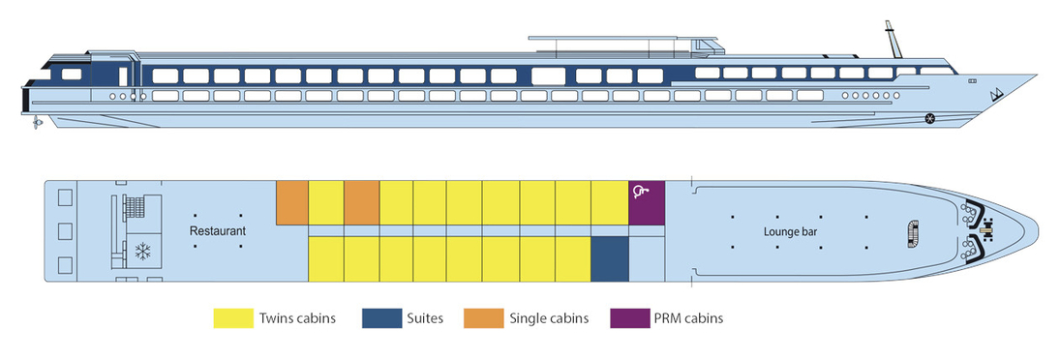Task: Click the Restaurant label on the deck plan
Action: pos(218,231)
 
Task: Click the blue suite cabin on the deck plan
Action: pos(609,259)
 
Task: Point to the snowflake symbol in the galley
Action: pos(143,251)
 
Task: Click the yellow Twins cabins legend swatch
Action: pos(232,317)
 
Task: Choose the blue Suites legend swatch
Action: pos(379,317)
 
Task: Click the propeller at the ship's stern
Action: pos(36,123)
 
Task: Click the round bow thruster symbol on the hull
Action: pos(930,119)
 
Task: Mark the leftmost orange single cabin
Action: pos(291,201)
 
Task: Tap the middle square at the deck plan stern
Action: pos(65,231)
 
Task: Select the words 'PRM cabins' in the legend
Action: pos(689,317)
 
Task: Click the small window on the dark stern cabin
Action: pos(71,75)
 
